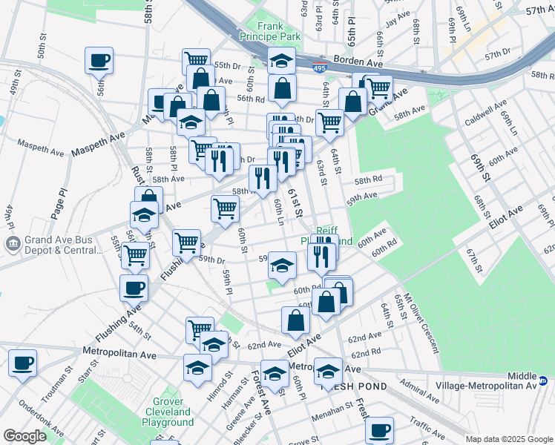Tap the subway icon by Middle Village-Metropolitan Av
[543, 382]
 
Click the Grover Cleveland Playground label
[168, 411]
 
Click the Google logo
[24, 436]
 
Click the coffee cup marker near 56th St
[99, 60]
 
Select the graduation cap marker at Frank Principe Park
[282, 60]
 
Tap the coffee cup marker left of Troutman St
[22, 363]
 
